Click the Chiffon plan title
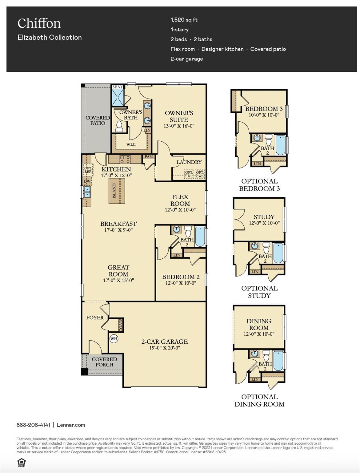[39, 23]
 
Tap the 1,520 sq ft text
[184, 20]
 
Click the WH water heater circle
[114, 339]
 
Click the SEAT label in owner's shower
[117, 87]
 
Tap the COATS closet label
[120, 325]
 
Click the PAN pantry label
[149, 157]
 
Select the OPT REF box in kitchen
[88, 170]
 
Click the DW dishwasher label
[87, 181]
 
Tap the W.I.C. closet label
[131, 144]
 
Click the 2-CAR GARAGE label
[165, 342]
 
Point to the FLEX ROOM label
[180, 200]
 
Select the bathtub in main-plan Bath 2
[200, 236]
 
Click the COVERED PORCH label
[104, 362]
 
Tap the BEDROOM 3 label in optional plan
[264, 109]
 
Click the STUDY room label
[264, 217]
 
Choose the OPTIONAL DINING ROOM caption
[259, 400]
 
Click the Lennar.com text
[71, 425]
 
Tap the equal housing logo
[21, 462]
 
